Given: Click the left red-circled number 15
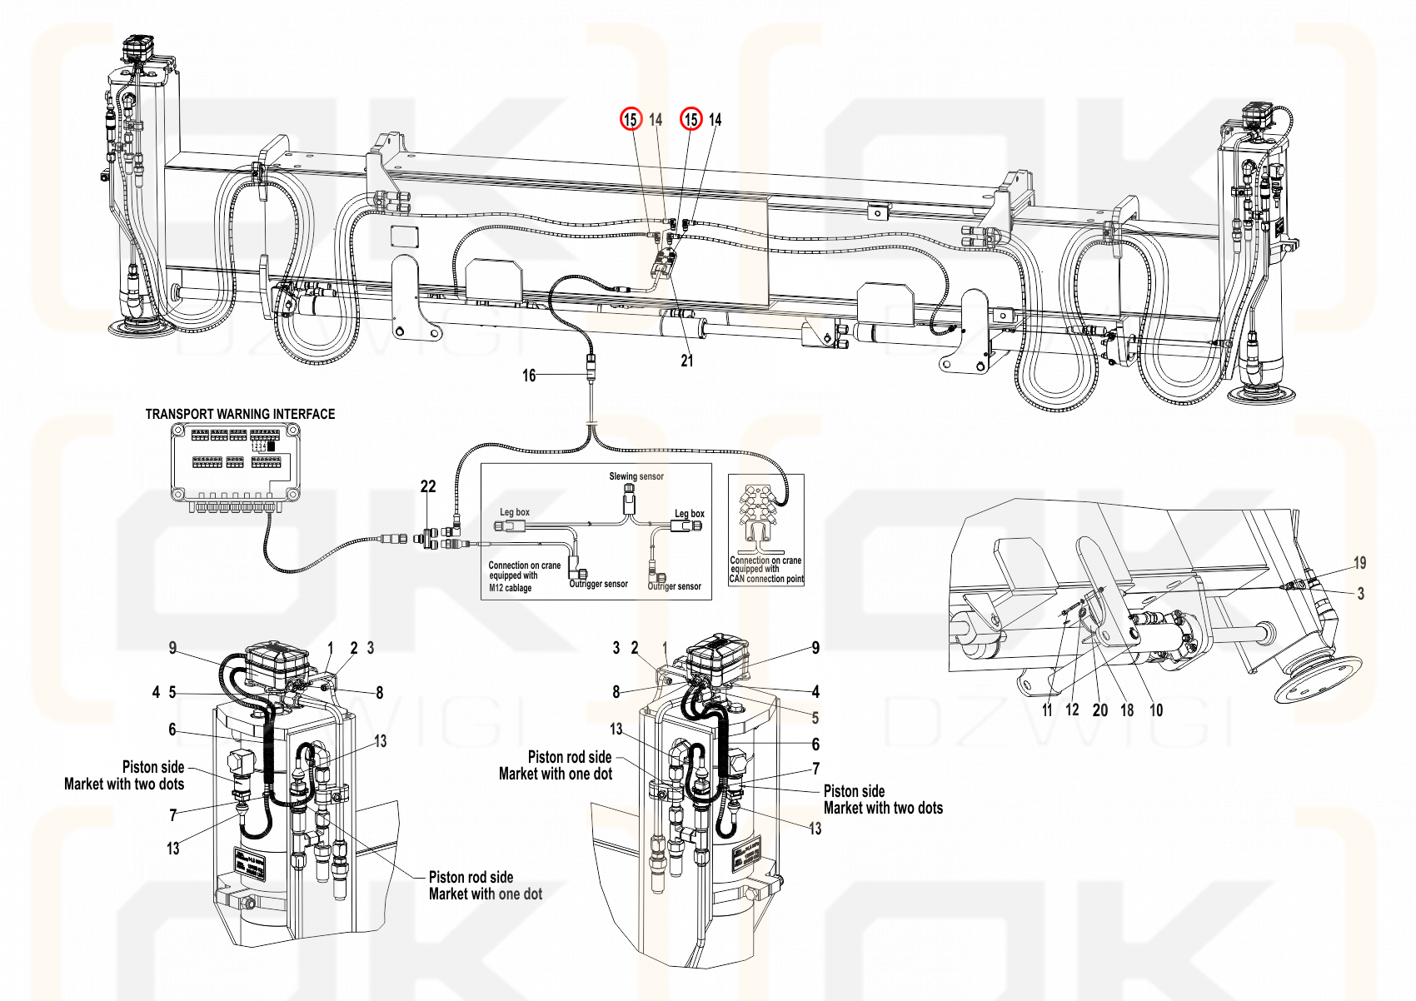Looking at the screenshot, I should click(631, 120).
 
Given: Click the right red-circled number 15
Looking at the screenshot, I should click(691, 120).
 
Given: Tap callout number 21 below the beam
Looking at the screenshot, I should click(687, 361).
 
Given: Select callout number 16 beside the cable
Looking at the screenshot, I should click(529, 376).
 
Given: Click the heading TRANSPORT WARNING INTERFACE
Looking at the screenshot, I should click(240, 414).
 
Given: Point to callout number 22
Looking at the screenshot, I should click(428, 487).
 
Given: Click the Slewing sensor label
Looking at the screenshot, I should click(636, 476).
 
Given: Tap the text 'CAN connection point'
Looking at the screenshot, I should click(766, 579).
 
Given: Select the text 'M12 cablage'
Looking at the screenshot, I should click(510, 588).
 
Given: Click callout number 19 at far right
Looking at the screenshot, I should click(1359, 563).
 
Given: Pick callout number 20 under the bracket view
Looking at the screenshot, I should click(1100, 710).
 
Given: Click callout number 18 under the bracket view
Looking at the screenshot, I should click(1127, 710).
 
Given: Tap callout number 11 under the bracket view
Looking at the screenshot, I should click(1047, 710).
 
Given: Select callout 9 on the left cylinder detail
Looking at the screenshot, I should click(172, 648).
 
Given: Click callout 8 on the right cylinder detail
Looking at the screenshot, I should click(616, 691).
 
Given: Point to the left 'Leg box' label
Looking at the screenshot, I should click(515, 512).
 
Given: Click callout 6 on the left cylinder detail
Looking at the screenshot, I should click(172, 730).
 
